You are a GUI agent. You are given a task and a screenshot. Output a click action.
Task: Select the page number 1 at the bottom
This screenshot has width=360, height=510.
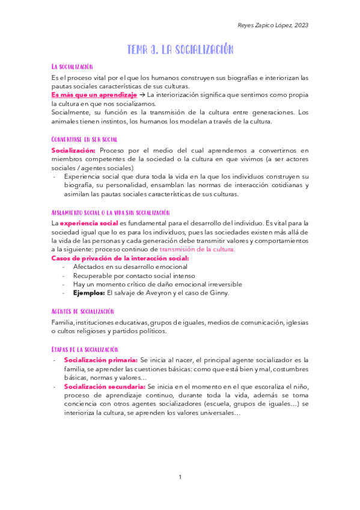(180, 477)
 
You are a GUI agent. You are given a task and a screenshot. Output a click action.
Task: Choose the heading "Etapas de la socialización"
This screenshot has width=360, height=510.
(85, 349)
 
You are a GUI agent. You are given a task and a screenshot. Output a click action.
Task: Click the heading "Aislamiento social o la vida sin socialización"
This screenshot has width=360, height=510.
(111, 212)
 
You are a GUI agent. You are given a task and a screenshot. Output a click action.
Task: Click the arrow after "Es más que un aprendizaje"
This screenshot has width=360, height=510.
(142, 95)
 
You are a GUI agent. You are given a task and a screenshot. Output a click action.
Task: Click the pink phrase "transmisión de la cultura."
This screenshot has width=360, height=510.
(197, 249)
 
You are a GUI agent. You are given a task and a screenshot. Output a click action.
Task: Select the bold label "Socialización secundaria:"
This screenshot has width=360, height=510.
(104, 386)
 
